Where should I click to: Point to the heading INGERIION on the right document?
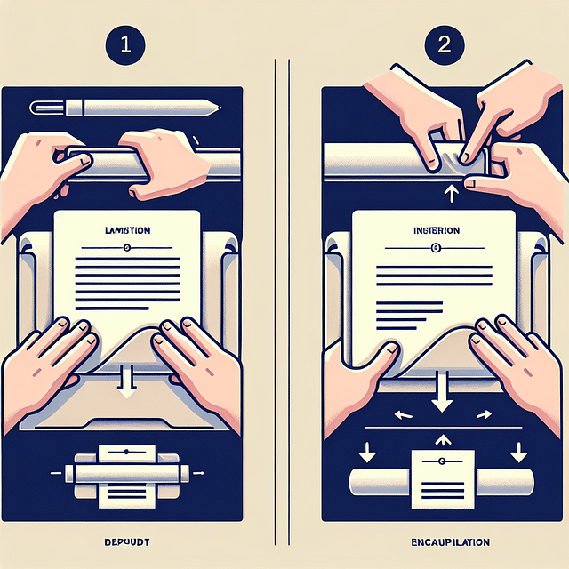pos(436,230)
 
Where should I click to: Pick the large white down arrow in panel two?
pos(443,393)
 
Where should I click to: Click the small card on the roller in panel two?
pos(443,475)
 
